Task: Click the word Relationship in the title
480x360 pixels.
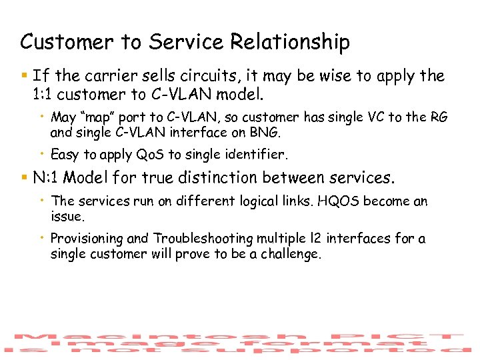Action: point(290,42)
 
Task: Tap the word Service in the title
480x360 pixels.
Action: point(187,42)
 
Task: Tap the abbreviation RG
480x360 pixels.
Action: point(439,117)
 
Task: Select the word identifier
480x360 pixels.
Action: point(255,155)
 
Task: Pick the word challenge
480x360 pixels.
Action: point(287,253)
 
